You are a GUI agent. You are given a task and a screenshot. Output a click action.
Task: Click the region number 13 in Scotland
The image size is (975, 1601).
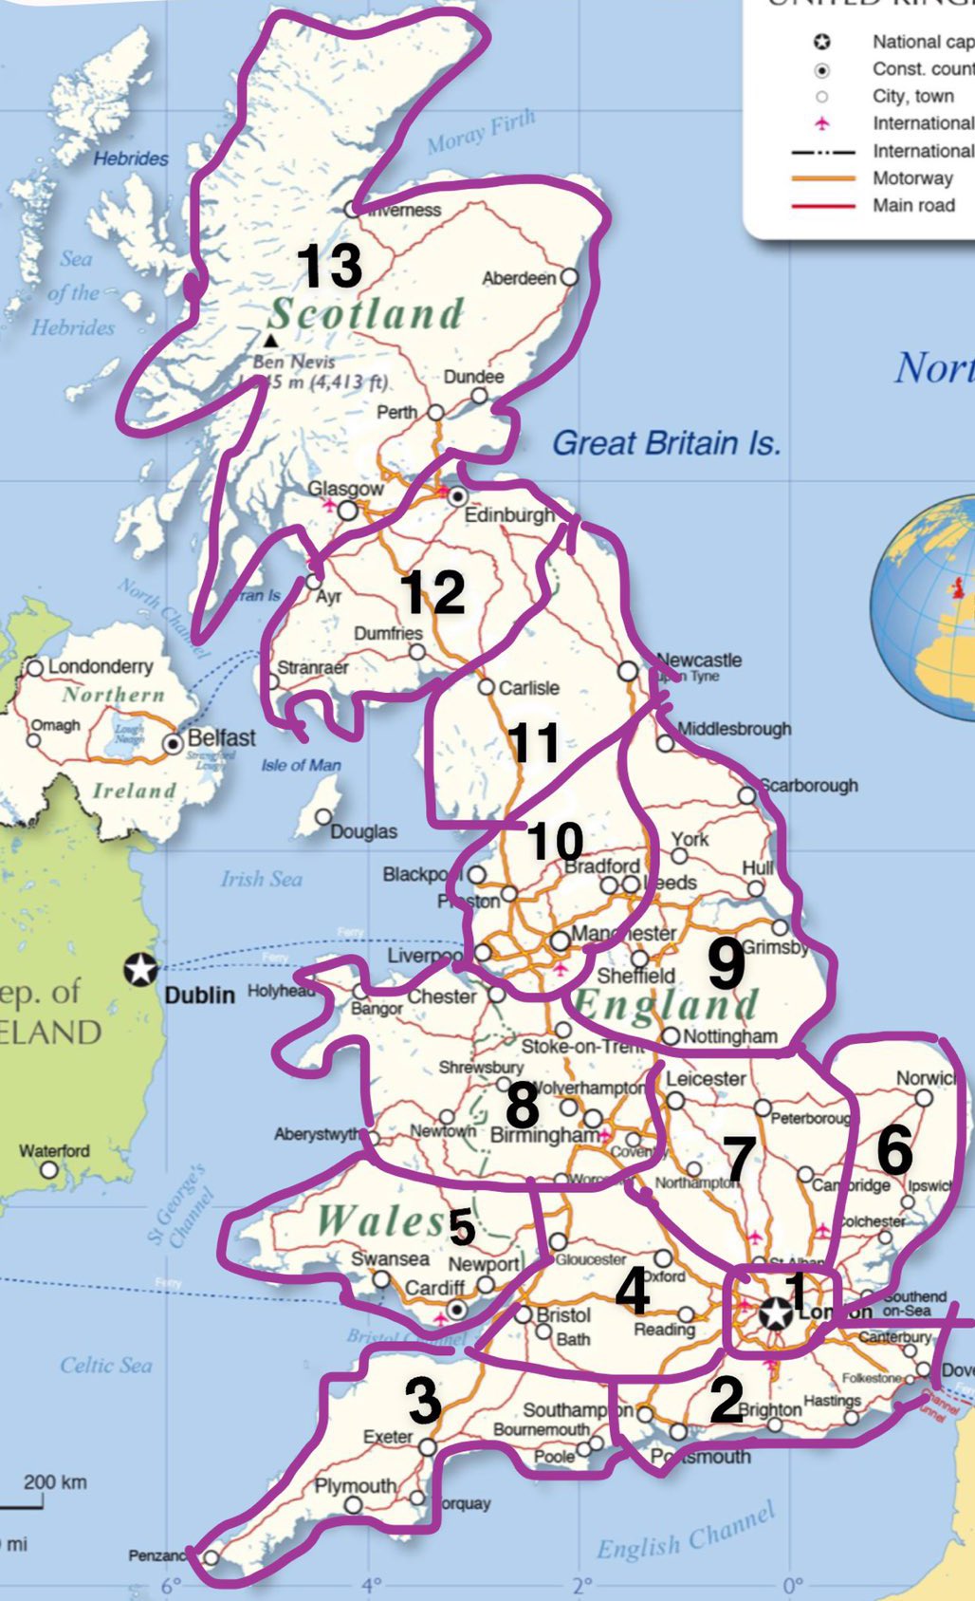[329, 266]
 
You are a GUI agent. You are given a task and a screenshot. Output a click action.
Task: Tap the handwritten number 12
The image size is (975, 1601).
[432, 592]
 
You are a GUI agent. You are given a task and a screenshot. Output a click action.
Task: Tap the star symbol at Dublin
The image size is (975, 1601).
[141, 969]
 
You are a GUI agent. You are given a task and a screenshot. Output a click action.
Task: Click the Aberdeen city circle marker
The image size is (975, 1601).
[569, 277]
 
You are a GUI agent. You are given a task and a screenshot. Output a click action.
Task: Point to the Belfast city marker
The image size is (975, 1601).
[174, 744]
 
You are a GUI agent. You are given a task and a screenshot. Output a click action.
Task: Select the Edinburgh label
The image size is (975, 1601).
[508, 514]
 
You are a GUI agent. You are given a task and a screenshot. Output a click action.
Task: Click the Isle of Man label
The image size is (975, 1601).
[301, 765]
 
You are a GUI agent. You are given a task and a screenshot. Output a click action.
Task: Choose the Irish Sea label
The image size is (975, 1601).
[261, 879]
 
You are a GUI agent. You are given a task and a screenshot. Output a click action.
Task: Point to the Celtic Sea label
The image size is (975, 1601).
[105, 1365]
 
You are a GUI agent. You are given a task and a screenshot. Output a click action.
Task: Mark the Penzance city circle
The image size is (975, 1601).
[211, 1557]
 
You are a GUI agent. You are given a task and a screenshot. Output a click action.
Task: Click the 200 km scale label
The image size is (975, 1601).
[54, 1481]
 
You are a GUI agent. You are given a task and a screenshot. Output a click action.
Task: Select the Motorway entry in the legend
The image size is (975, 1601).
[912, 178]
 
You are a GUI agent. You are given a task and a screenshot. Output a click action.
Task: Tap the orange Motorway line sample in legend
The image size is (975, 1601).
[822, 178]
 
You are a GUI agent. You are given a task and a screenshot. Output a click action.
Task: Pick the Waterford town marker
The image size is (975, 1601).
[49, 1169]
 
